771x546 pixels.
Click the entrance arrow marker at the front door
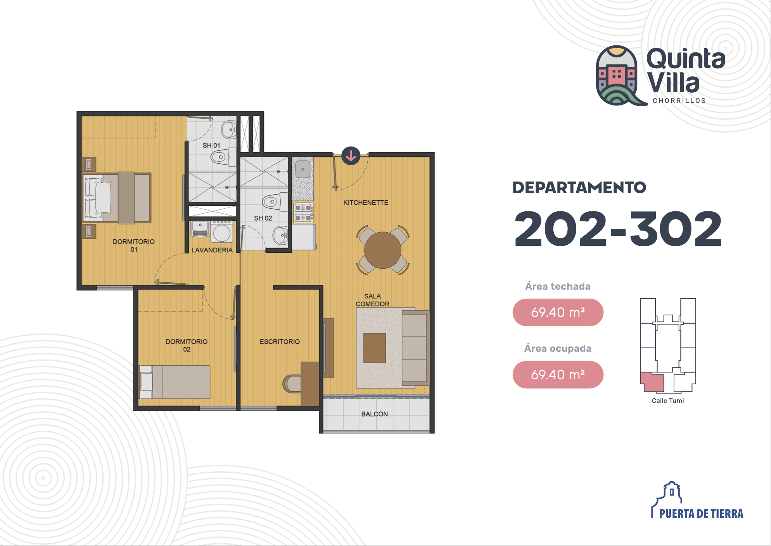pyautogui.click(x=351, y=156)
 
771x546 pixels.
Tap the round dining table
pyautogui.click(x=383, y=250)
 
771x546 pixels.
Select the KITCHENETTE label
pyautogui.click(x=366, y=202)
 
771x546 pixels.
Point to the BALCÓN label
pyautogui.click(x=375, y=414)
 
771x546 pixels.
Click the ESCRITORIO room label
pyautogui.click(x=280, y=341)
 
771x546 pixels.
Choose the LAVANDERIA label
pyautogui.click(x=212, y=250)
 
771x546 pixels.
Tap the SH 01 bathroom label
pyautogui.click(x=211, y=145)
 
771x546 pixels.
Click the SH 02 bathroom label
pyautogui.click(x=263, y=218)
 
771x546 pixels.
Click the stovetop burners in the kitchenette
pyautogui.click(x=303, y=213)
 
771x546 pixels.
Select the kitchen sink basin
pyautogui.click(x=303, y=169)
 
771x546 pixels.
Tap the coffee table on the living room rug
pyautogui.click(x=375, y=348)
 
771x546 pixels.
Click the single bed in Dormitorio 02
pyautogui.click(x=175, y=382)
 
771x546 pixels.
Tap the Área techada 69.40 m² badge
pyautogui.click(x=558, y=312)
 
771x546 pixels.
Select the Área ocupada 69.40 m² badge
pyautogui.click(x=558, y=375)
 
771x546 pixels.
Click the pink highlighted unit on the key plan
pyautogui.click(x=653, y=382)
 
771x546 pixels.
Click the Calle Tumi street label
pyautogui.click(x=668, y=401)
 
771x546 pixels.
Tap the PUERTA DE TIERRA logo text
pyautogui.click(x=701, y=514)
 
